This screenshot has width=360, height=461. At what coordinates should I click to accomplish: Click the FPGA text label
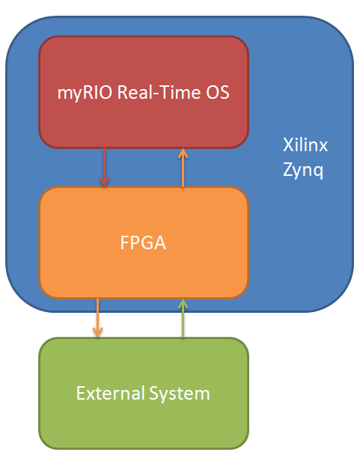(x=143, y=242)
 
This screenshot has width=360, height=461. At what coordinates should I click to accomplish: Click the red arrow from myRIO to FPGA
(x=105, y=166)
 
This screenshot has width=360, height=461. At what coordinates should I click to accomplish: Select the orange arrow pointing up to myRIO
(x=181, y=168)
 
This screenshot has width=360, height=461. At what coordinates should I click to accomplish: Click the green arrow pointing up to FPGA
(x=181, y=319)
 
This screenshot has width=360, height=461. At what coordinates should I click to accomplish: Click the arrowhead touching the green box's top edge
(x=97, y=333)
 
